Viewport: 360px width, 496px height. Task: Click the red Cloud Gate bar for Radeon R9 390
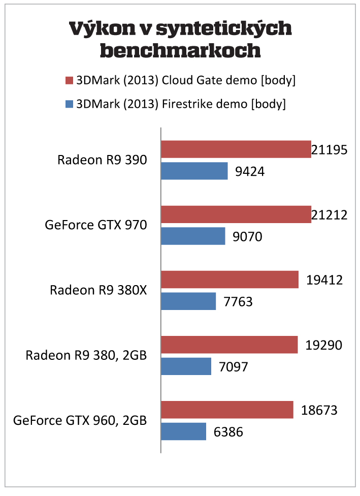coord(236,149)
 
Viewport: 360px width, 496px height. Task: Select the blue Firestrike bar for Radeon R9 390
coord(194,171)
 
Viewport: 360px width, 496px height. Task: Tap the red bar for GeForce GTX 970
coord(236,214)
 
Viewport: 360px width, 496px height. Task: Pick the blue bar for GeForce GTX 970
coord(193,236)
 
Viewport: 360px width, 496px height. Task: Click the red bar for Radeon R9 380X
coord(230,280)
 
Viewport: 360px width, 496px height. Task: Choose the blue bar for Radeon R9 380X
coord(188,301)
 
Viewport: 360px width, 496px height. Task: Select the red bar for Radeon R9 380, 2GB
coord(229,345)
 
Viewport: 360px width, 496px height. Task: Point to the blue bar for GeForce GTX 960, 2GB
coord(183,432)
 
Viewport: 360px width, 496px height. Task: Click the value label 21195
coord(329,150)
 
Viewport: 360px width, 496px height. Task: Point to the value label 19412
coord(324,280)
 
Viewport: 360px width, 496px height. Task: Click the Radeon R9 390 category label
coord(102,160)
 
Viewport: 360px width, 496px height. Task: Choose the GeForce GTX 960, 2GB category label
coord(80,421)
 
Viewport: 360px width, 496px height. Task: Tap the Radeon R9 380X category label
coord(98,290)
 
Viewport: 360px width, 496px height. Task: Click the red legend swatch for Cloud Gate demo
coord(70,80)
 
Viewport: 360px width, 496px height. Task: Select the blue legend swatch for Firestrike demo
coord(70,105)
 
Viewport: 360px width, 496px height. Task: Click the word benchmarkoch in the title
coord(181,50)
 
